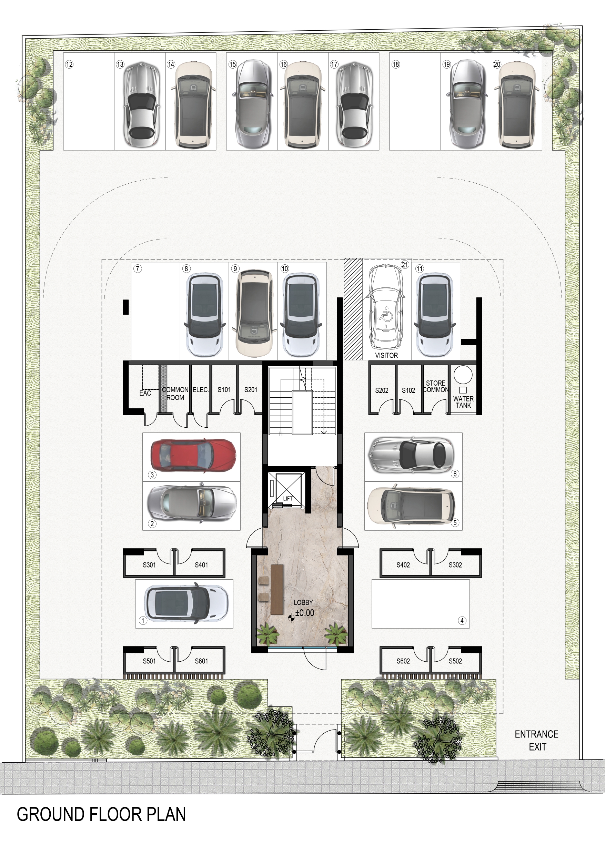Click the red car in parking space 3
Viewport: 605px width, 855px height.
(193, 456)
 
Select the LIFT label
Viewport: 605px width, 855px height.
(288, 498)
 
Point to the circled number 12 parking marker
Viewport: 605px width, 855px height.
(69, 64)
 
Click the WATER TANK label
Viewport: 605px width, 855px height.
(463, 402)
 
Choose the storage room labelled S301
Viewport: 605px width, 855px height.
(149, 564)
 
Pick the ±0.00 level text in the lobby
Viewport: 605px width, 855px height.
(305, 613)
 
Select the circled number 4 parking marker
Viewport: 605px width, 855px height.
(462, 620)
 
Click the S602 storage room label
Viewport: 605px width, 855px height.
(403, 661)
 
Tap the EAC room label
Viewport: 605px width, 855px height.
(145, 393)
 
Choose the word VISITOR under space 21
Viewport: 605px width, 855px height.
(386, 355)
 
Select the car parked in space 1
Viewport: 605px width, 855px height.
(185, 604)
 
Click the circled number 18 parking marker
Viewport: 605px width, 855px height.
(396, 64)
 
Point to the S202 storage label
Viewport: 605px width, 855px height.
(382, 390)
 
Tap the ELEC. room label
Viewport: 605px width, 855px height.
(200, 389)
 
